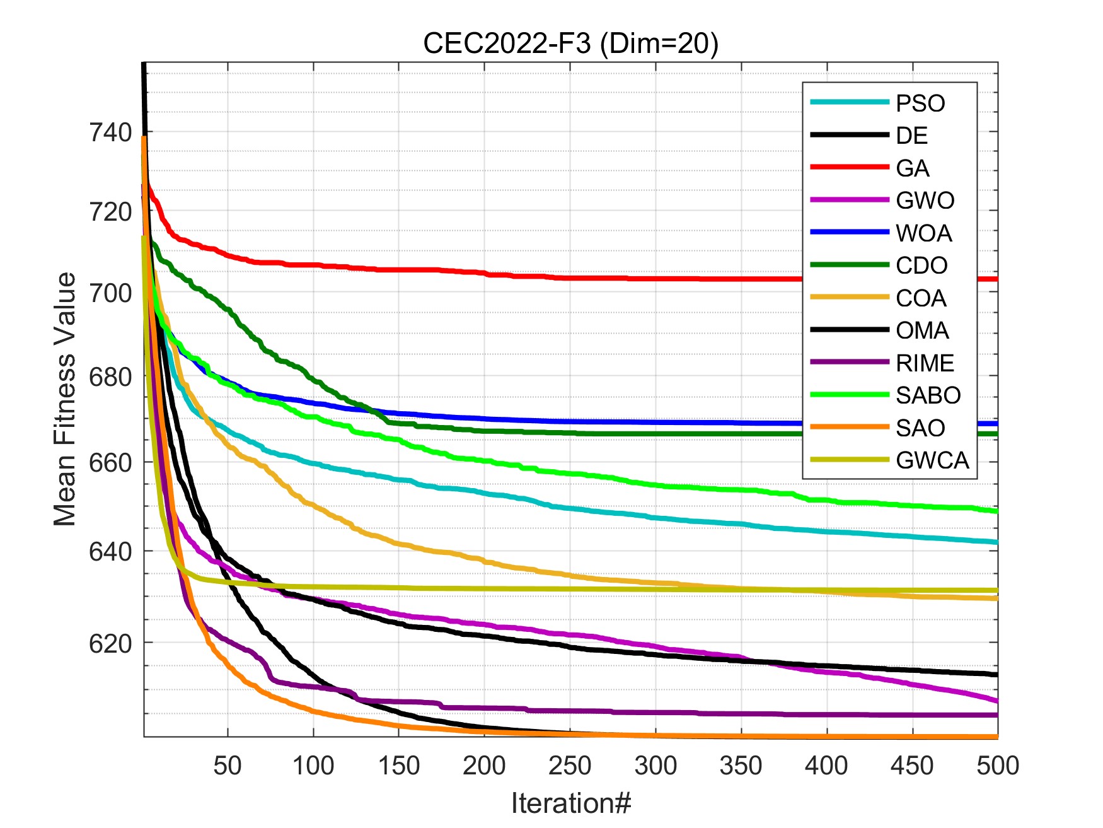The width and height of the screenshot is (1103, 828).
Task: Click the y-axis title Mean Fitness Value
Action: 65,399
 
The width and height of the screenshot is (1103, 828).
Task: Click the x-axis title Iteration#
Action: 570,803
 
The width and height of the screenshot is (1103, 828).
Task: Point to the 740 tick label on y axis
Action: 110,133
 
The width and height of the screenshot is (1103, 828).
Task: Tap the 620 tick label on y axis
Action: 110,644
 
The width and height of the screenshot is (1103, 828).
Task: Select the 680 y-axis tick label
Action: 110,377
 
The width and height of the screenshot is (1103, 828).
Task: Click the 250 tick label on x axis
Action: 570,766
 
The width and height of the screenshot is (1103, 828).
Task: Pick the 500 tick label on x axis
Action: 997,766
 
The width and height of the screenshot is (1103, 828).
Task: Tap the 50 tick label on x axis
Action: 228,766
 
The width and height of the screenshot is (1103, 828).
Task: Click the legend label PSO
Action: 920,103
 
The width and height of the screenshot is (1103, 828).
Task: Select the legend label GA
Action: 912,168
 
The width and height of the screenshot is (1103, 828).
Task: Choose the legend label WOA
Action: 923,233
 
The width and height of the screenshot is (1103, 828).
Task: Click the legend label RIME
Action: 925,363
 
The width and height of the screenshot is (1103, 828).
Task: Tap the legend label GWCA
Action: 932,460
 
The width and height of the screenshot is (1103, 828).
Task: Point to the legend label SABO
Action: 928,395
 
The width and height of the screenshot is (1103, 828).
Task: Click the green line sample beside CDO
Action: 849,265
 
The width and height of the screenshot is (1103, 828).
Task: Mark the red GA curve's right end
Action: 996,279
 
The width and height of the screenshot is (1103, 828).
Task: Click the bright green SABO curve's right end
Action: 996,511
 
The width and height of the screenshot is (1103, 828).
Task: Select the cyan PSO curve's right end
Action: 996,542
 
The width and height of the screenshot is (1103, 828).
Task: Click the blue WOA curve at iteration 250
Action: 570,421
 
